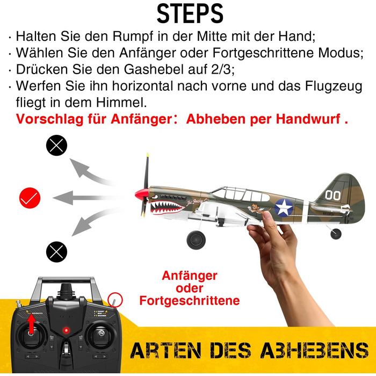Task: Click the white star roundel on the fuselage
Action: (x=283, y=207)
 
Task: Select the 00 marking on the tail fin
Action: (x=332, y=195)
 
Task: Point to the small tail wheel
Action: (x=336, y=234)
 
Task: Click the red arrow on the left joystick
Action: (x=31, y=324)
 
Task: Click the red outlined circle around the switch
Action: (x=115, y=299)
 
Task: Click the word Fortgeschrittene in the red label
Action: (x=189, y=301)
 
